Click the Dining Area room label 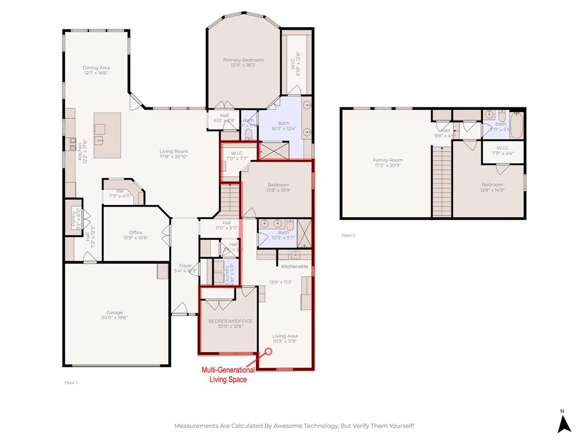pos(96,68)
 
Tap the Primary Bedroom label pos(243,60)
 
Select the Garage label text pos(114,312)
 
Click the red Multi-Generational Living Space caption pos(227,375)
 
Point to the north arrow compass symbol pos(564,423)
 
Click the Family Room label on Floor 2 pos(388,160)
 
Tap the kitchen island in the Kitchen pos(107,135)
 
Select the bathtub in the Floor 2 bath pos(516,126)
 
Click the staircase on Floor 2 pos(442,181)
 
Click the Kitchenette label pos(295,266)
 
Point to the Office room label pos(136,233)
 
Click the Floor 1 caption pos(71,382)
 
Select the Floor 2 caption pos(349,235)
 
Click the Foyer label pos(185,266)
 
